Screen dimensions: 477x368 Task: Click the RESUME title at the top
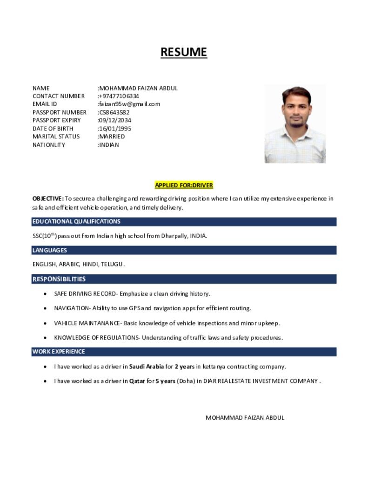184,52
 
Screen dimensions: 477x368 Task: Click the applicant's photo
295,124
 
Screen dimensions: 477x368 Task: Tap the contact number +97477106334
119,96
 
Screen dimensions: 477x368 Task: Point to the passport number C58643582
114,112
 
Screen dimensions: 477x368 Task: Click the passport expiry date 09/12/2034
115,120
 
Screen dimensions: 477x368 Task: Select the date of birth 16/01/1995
115,129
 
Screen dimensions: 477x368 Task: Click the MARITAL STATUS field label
56,136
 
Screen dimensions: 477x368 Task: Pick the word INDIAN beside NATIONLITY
109,145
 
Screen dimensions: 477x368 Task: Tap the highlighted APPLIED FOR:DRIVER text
184,185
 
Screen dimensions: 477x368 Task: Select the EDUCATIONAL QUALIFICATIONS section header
76,221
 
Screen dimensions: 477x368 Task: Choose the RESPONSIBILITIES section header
59,279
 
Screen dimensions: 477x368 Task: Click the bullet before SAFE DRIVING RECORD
45,294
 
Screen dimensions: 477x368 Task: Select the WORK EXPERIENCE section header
59,352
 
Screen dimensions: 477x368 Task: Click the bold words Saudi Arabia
147,367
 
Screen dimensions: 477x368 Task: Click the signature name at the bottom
245,417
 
